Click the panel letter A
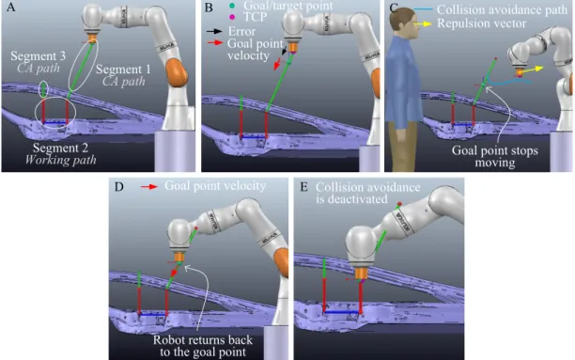pos(11,7)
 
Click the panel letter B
pos(209,8)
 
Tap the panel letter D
pos(118,187)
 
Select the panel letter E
pos(304,187)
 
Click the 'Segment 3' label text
pos(39,56)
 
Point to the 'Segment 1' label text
pos(123,70)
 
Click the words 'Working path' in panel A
pos(60,160)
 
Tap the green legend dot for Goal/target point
pos(232,6)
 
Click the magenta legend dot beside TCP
pos(232,17)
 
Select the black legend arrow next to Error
pos(214,32)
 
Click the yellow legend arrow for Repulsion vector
pos(423,23)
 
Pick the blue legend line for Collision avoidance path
pos(423,9)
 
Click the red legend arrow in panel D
pos(149,187)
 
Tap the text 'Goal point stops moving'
pos(495,156)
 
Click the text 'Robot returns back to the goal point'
pos(203,346)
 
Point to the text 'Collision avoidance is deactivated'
pos(367,193)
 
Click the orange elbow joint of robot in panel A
pos(177,72)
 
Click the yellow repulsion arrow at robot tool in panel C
pos(530,70)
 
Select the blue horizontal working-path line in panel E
pos(342,312)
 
